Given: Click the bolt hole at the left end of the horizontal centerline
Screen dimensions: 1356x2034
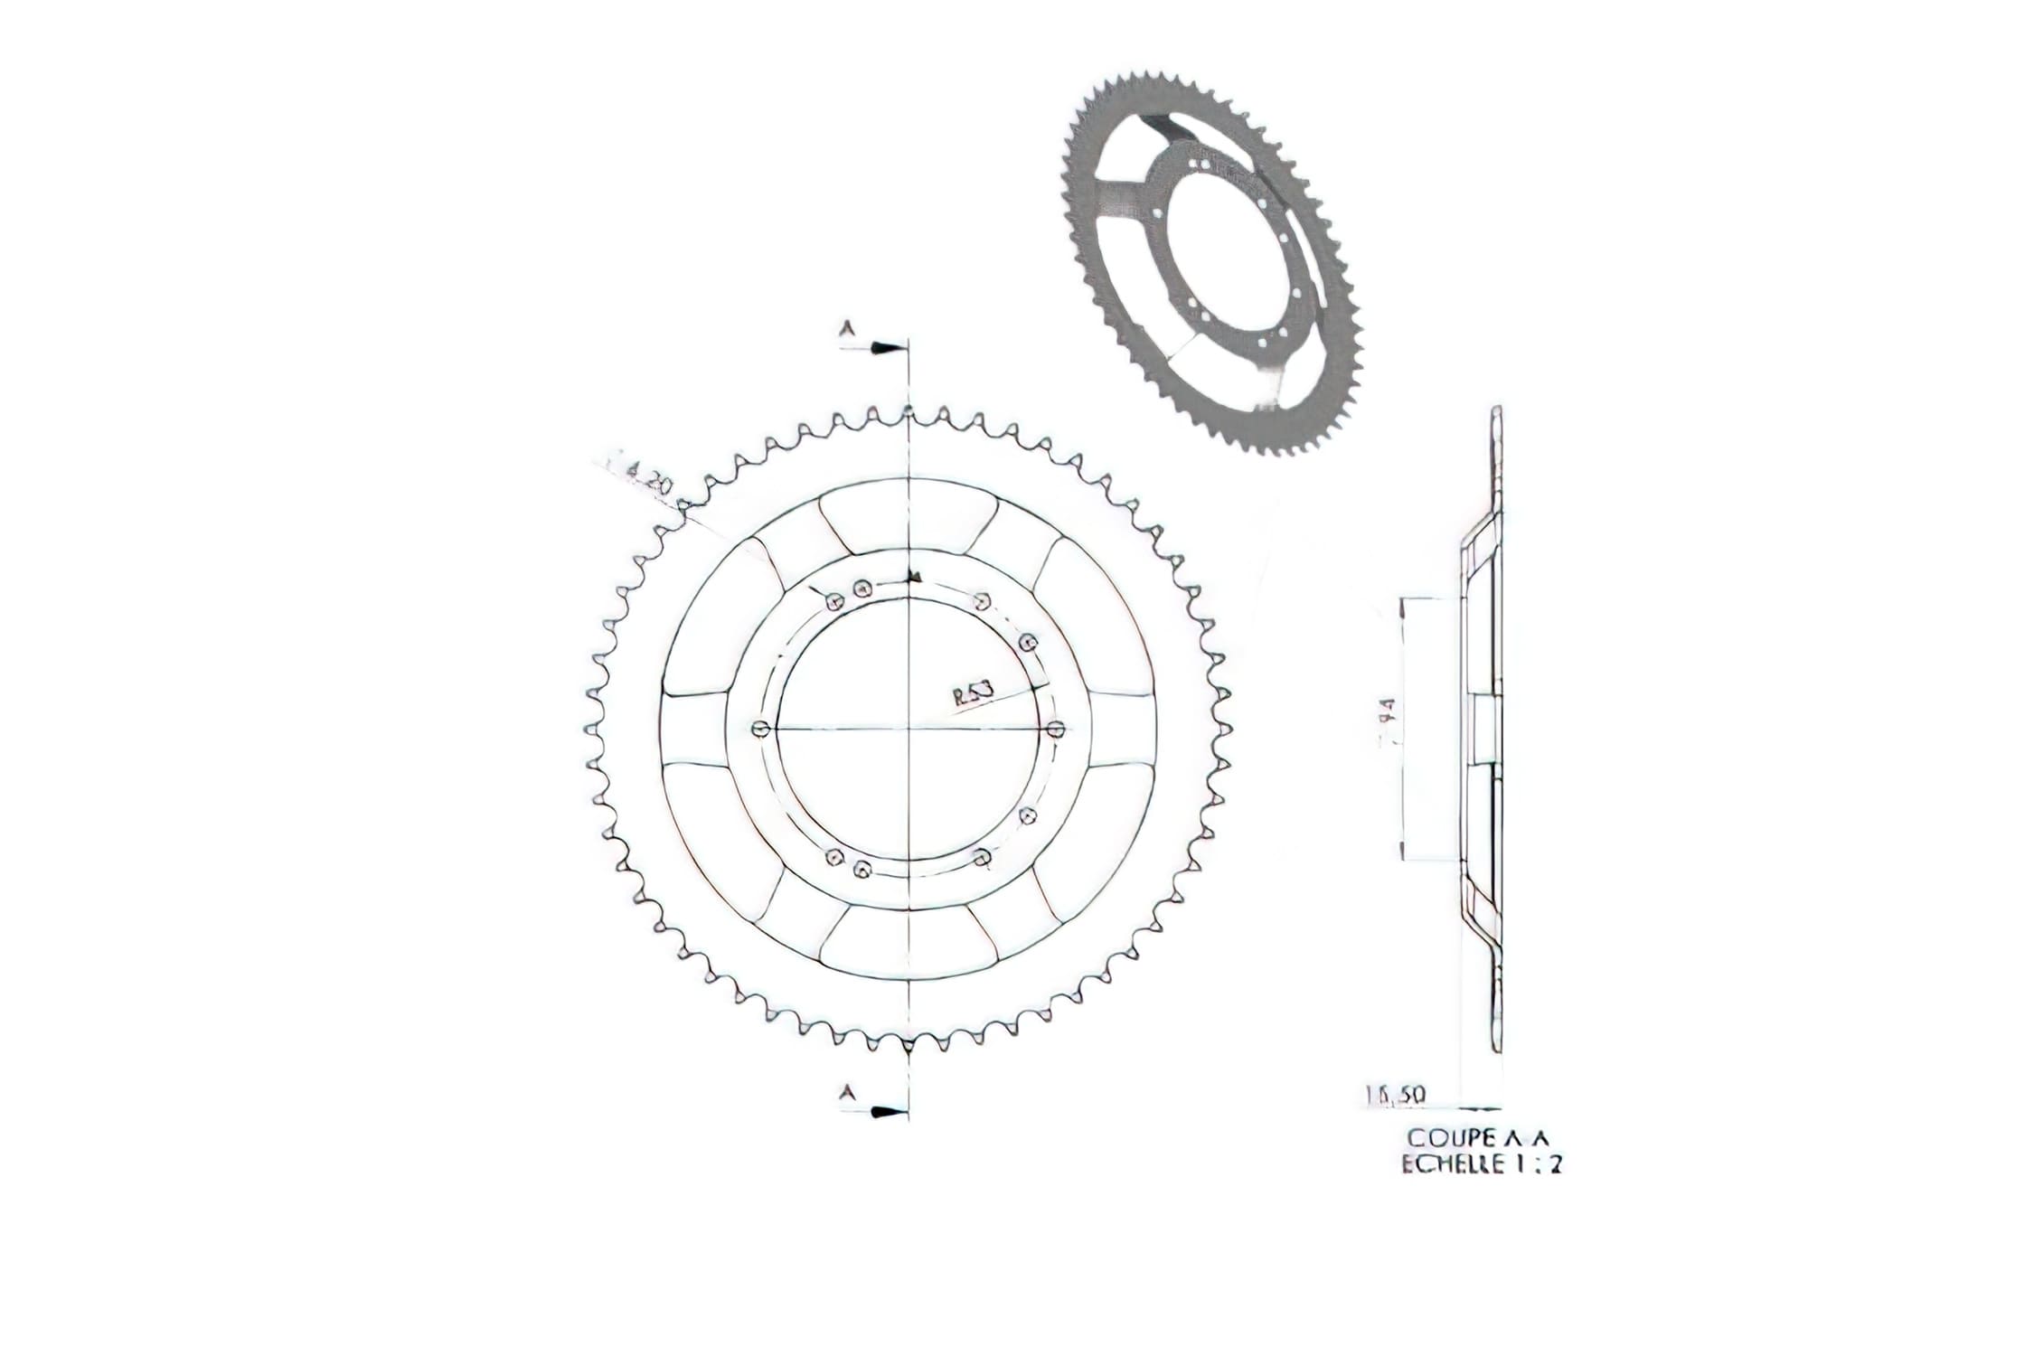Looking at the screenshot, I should click(x=759, y=729).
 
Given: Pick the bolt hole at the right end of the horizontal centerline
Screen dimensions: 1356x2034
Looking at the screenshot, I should click(x=1055, y=729).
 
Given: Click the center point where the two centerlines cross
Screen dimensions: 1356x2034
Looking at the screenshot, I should click(x=908, y=729).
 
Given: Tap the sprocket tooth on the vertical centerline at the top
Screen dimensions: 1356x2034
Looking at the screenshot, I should click(x=908, y=411).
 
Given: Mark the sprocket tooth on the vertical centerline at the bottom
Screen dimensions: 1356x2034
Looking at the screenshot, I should click(x=908, y=1046).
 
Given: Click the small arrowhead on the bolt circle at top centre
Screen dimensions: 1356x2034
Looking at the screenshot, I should click(x=915, y=576).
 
